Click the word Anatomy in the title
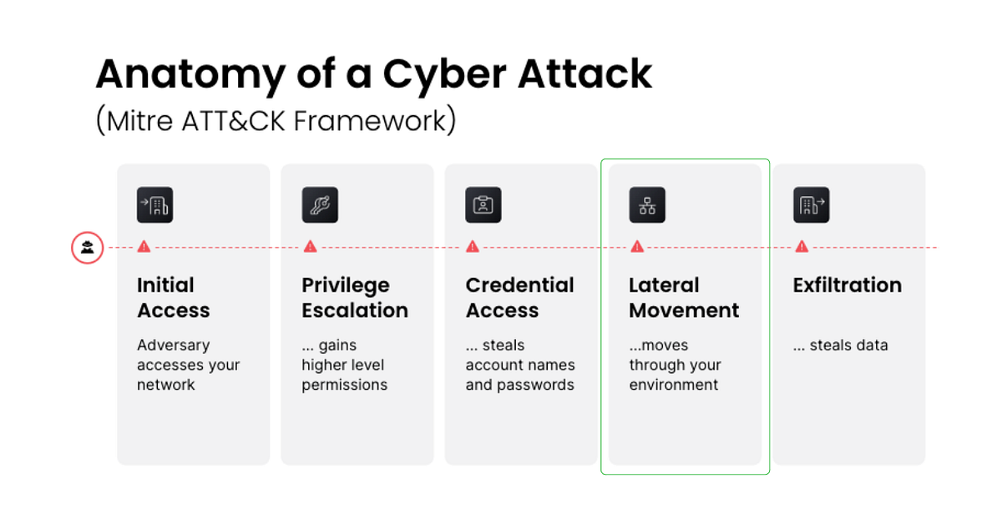point(190,75)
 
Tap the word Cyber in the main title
point(444,75)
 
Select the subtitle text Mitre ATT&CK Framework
point(276,121)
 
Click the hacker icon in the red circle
point(87,248)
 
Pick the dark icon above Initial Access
point(154,204)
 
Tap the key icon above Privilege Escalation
point(320,204)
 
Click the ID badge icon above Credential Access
point(483,204)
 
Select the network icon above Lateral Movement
point(647,204)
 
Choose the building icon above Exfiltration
point(812,204)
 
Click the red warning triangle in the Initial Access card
point(144,247)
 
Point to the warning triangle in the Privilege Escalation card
point(310,247)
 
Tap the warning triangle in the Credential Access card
point(473,247)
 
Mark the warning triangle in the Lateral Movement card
point(637,247)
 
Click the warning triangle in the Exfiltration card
point(802,247)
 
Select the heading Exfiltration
point(848,285)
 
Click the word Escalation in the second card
point(355,310)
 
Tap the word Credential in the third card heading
point(519,285)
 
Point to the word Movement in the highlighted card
point(684,310)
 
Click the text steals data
point(848,345)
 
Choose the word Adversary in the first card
point(173,345)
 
